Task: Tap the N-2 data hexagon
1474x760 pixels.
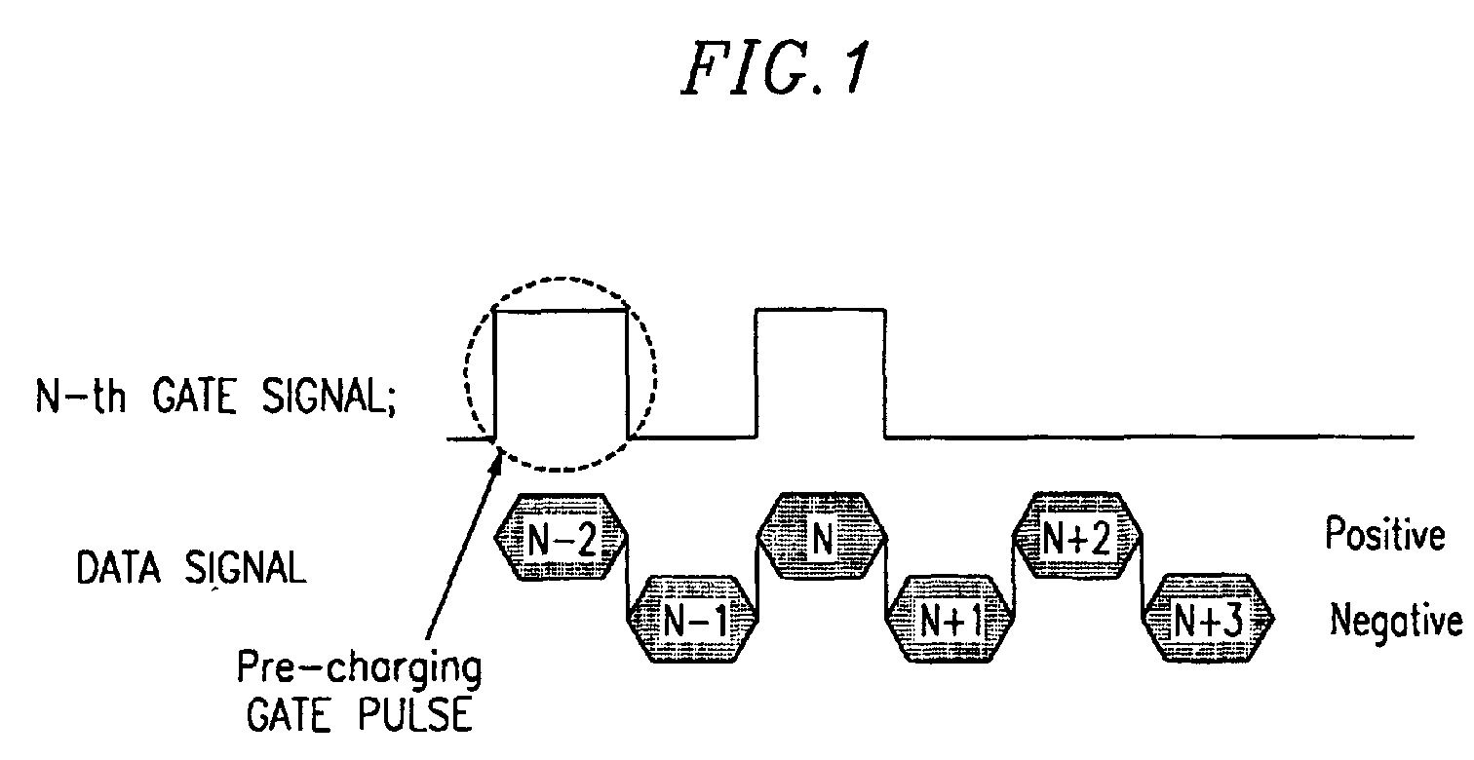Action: click(x=562, y=539)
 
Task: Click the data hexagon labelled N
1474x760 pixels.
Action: click(x=822, y=539)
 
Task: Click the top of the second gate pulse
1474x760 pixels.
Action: click(x=821, y=310)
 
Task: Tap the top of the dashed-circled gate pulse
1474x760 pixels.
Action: click(x=562, y=311)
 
